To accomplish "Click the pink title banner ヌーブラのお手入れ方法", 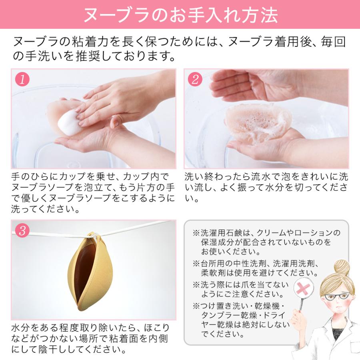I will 180,15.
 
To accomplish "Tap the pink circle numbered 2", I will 196,79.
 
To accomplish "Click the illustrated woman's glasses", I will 336,297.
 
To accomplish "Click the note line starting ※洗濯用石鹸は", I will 266,233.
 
